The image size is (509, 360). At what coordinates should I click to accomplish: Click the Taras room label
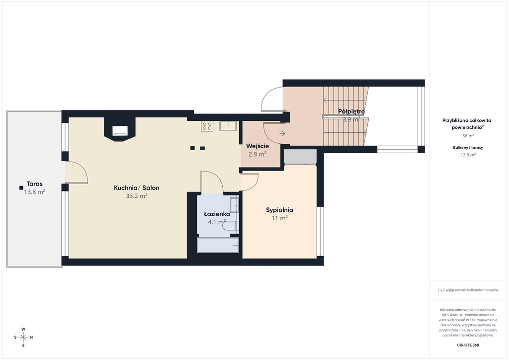[x=34, y=184]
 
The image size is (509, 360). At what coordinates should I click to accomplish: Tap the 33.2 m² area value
[x=137, y=196]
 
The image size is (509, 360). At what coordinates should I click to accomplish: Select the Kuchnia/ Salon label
[x=137, y=187]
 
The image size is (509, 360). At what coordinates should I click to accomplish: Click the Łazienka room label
[x=217, y=214]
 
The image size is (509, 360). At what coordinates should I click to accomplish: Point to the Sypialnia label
[x=279, y=210]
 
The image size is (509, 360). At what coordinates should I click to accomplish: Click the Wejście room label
[x=257, y=146]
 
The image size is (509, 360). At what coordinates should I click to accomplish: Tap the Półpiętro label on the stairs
[x=351, y=111]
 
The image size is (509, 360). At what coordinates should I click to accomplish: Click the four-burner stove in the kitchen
[x=207, y=126]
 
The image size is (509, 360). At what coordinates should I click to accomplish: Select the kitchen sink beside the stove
[x=228, y=126]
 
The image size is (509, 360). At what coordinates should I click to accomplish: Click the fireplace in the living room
[x=119, y=130]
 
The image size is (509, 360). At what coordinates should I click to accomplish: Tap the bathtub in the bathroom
[x=218, y=245]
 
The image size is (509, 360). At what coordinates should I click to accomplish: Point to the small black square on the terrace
[x=21, y=187]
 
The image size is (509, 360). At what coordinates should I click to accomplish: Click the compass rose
[x=23, y=337]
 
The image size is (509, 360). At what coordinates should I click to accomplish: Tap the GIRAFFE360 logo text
[x=468, y=345]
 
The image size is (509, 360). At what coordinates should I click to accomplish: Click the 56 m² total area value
[x=468, y=136]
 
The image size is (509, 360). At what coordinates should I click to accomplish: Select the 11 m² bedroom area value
[x=279, y=218]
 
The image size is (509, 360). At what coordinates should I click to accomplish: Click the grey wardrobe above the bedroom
[x=300, y=157]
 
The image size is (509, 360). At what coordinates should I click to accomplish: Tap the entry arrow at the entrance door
[x=282, y=133]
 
